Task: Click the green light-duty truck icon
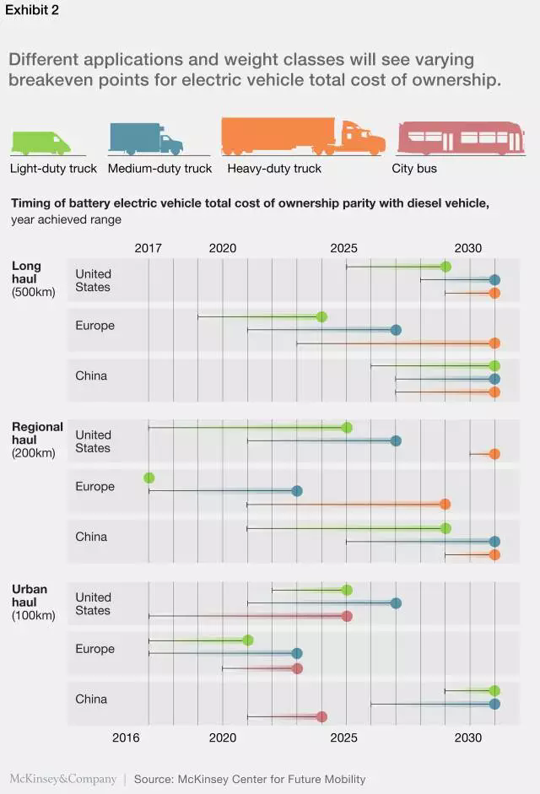point(40,143)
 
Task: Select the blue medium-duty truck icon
point(145,139)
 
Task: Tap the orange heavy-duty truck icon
point(302,136)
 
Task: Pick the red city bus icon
point(460,138)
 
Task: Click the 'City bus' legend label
point(414,168)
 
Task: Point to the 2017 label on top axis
point(148,248)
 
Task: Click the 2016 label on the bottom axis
point(126,737)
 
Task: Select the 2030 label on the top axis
point(468,248)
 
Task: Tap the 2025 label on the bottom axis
point(344,737)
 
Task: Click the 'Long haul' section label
point(26,272)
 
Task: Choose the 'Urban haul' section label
point(30,596)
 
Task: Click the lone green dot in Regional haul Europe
point(149,478)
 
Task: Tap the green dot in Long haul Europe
point(321,316)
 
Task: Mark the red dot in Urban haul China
point(321,716)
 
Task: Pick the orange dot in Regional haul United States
point(494,454)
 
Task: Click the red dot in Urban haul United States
point(347,616)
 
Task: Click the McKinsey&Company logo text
point(62,779)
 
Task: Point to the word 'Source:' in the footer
point(154,779)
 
